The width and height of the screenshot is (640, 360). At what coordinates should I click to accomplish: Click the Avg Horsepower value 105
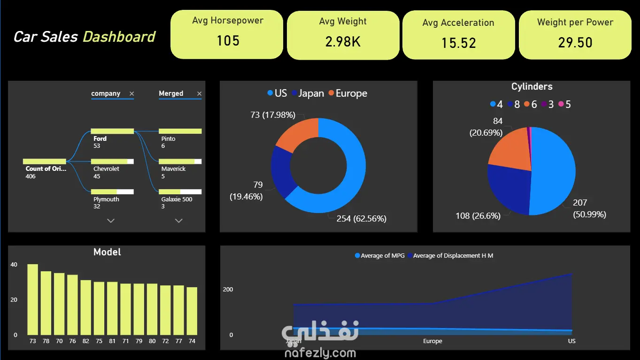point(228,41)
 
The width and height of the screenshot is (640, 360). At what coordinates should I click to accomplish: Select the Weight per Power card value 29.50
point(575,43)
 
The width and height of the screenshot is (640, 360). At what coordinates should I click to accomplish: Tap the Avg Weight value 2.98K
point(343,42)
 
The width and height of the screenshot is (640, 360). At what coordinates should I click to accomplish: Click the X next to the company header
point(132,94)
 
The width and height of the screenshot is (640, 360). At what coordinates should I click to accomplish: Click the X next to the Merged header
point(200,94)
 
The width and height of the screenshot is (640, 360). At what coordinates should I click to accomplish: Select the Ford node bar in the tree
point(112,131)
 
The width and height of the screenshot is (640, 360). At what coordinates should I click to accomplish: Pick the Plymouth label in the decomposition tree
point(106,199)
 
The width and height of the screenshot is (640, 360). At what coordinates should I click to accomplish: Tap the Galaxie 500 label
point(177,199)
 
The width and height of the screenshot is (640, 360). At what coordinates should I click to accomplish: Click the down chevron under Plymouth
point(111,221)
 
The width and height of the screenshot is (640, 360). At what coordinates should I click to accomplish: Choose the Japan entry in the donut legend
point(308,93)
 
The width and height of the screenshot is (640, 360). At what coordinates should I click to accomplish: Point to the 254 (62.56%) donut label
point(362,219)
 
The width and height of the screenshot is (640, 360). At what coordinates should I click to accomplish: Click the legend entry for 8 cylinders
point(514,105)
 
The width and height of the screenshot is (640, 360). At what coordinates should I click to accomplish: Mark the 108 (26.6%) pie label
point(478,216)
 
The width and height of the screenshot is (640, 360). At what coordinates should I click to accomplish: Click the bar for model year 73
point(32,299)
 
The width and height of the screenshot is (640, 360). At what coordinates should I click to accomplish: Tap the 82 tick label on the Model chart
point(86,341)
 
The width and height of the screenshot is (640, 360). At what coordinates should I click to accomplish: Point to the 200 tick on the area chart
point(228,290)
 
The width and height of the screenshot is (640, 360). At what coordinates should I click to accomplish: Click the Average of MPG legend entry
point(380,256)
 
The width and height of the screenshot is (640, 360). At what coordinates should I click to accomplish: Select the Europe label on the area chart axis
point(432,341)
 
